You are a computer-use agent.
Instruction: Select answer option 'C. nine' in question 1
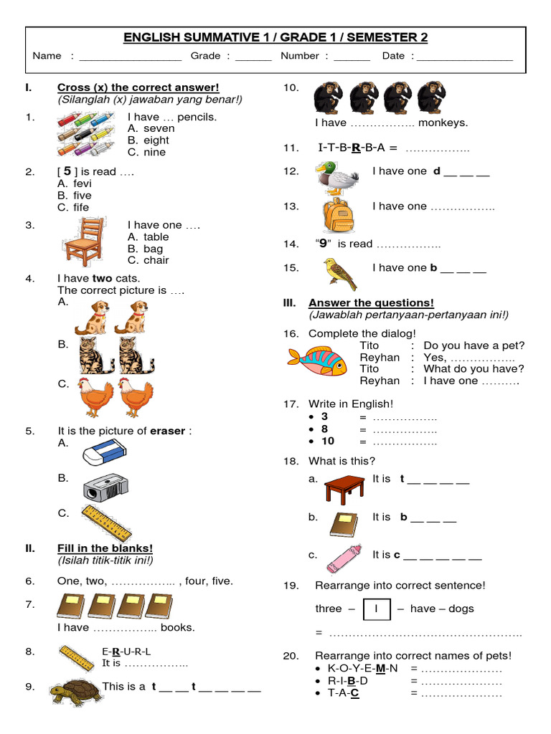point(146,152)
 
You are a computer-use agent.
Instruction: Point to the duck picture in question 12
point(337,177)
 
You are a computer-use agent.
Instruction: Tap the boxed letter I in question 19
point(377,609)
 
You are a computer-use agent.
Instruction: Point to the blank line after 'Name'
point(130,57)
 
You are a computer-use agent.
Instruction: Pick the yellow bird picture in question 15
point(339,273)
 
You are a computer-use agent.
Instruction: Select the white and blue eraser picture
point(104,452)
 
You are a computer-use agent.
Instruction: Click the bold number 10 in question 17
point(328,441)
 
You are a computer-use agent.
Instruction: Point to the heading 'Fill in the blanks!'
point(105,548)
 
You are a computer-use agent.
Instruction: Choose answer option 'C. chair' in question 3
point(149,260)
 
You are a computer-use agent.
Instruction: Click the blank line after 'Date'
point(465,57)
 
